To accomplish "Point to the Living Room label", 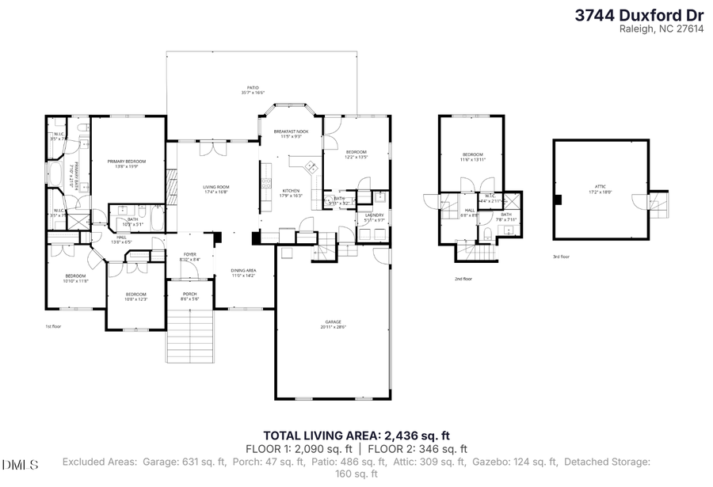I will click(215, 188).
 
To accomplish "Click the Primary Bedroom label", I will click(127, 163).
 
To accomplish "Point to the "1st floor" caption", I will click(54, 325).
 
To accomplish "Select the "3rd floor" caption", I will click(561, 257).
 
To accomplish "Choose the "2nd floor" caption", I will click(463, 279).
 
